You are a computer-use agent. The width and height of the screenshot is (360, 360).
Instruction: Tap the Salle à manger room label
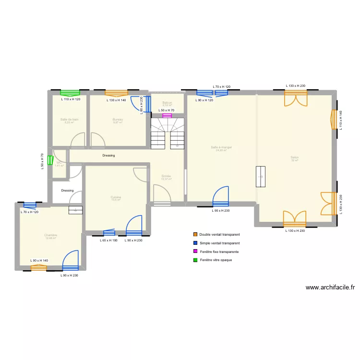click(221, 147)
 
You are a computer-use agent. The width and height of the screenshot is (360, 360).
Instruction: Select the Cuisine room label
click(116, 197)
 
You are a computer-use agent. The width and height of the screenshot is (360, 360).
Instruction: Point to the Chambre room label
click(50, 235)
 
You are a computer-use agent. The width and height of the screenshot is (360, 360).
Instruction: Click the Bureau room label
click(118, 120)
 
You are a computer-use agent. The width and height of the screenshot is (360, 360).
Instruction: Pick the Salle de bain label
click(69, 120)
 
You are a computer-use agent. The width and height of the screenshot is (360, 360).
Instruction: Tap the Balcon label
click(167, 103)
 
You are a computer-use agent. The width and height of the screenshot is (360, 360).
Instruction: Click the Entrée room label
click(166, 176)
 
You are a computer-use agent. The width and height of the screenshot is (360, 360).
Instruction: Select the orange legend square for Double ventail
click(195, 235)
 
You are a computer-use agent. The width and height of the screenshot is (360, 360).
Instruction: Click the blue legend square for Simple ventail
click(195, 243)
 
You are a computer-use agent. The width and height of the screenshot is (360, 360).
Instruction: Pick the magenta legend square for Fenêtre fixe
click(195, 252)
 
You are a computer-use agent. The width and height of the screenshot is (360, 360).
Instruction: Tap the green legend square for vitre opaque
click(195, 260)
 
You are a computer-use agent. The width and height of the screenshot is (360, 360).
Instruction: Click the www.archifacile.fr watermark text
click(330, 288)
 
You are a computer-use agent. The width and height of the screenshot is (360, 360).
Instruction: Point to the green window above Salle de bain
click(70, 93)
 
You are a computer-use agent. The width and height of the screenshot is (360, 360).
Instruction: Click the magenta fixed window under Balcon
click(168, 116)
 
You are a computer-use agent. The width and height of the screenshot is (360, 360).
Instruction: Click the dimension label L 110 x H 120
click(71, 99)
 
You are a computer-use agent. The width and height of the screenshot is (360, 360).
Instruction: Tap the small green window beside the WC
click(50, 160)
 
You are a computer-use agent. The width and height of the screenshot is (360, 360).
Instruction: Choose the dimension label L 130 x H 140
click(116, 100)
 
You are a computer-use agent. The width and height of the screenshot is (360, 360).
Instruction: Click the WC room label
click(59, 163)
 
